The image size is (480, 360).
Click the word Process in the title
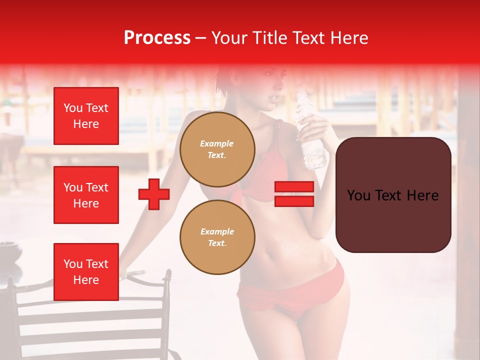157,38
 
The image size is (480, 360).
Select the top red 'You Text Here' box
86,116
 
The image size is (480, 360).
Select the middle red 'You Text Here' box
86,195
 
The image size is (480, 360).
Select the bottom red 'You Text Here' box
86,271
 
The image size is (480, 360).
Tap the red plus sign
154,194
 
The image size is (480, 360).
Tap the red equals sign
294,194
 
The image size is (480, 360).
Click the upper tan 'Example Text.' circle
217,149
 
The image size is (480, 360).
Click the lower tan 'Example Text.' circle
217,237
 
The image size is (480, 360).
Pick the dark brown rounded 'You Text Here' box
393,195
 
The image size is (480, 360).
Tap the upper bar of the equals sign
294,187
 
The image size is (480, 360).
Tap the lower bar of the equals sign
294,201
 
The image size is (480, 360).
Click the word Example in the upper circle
217,143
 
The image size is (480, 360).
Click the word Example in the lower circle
217,231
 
